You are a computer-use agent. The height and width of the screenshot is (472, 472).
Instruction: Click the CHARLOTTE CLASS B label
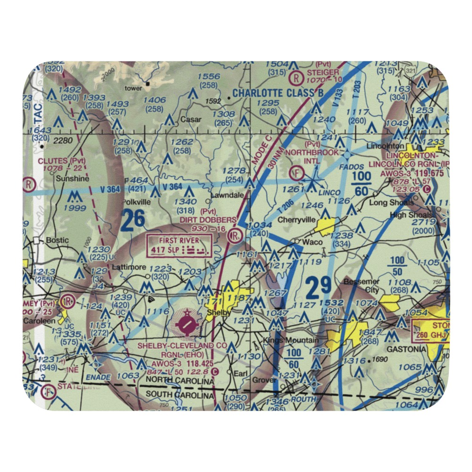click(278, 93)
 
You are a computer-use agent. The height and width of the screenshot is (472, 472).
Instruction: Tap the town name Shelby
click(219, 313)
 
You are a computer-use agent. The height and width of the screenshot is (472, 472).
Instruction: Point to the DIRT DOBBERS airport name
click(208, 219)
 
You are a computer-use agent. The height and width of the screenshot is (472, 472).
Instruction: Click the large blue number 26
click(133, 220)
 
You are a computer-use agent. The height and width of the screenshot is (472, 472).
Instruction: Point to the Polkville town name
click(136, 201)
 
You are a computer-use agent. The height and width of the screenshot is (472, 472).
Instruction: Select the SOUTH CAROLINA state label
click(179, 394)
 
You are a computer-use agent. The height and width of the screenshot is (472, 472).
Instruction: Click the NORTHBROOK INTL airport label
click(312, 156)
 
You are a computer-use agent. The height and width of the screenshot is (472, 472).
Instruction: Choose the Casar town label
click(191, 120)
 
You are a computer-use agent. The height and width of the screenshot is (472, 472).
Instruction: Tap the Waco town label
click(312, 242)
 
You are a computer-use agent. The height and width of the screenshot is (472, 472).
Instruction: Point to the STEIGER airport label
click(323, 72)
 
